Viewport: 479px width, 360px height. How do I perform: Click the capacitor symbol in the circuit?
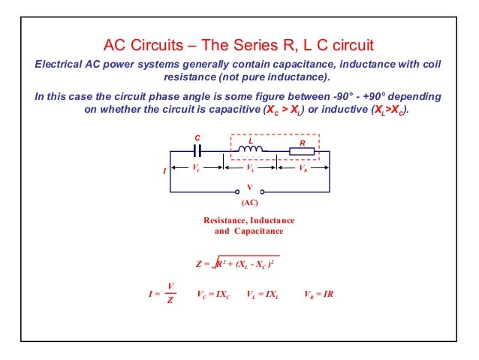click(197, 151)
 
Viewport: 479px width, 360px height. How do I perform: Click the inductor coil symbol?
click(251, 151)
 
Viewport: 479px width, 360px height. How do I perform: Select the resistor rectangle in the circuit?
click(302, 151)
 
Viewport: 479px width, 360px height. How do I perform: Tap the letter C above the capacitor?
click(197, 138)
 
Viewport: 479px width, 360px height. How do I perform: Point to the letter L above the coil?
click(251, 141)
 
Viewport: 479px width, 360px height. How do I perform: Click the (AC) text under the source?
click(250, 203)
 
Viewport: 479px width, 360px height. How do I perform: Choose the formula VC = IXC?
click(212, 294)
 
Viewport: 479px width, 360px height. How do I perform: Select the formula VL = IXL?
click(263, 294)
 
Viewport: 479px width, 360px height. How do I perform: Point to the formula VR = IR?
click(318, 294)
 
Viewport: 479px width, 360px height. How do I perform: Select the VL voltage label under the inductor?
click(250, 168)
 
